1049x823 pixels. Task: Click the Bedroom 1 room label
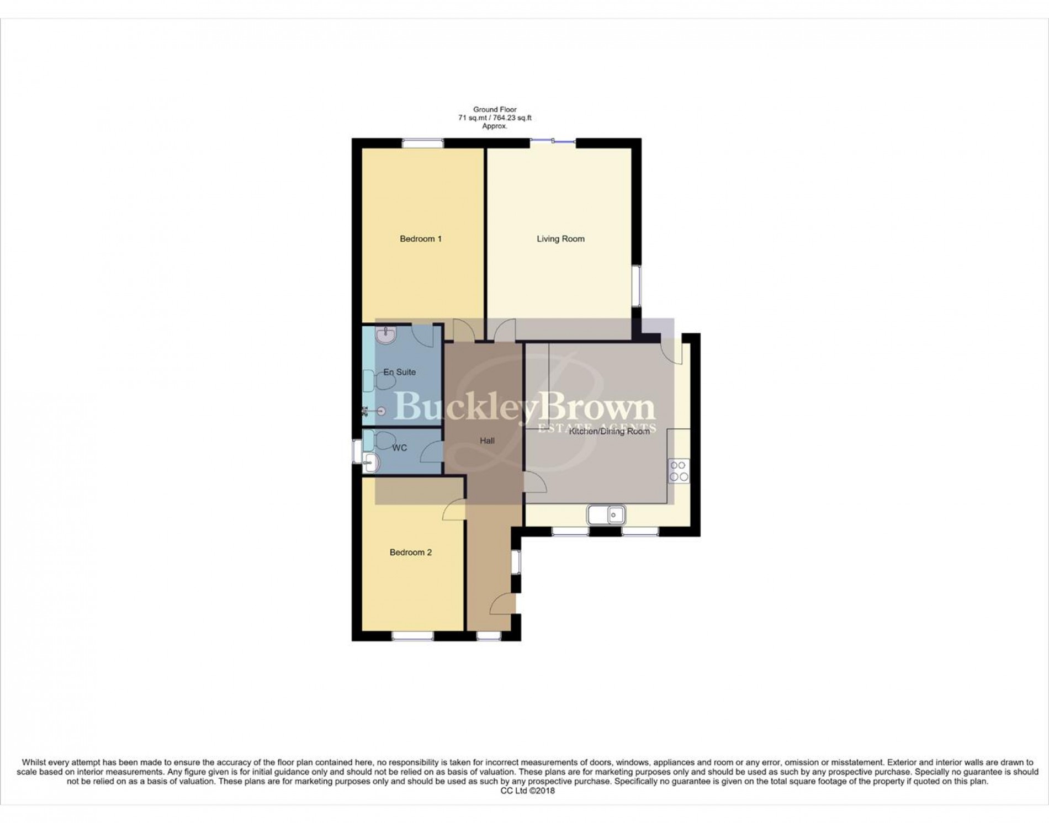pyautogui.click(x=421, y=239)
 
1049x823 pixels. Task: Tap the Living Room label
pyautogui.click(x=560, y=239)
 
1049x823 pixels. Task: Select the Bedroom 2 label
pyautogui.click(x=411, y=553)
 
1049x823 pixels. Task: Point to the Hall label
pyautogui.click(x=487, y=440)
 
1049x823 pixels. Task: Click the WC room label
pyautogui.click(x=399, y=448)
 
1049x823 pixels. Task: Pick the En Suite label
pyautogui.click(x=399, y=372)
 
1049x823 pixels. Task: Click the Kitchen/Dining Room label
pyautogui.click(x=609, y=431)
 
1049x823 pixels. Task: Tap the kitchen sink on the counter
pyautogui.click(x=606, y=515)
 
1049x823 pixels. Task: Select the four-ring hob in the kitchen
pyautogui.click(x=679, y=471)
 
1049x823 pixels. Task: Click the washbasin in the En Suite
pyautogui.click(x=385, y=334)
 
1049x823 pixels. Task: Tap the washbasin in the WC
pyautogui.click(x=371, y=463)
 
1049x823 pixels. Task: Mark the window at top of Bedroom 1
pyautogui.click(x=422, y=143)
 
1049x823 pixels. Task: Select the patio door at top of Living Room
pyautogui.click(x=553, y=142)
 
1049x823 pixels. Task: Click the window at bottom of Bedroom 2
pyautogui.click(x=413, y=636)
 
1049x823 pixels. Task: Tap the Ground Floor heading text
pyautogui.click(x=495, y=110)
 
